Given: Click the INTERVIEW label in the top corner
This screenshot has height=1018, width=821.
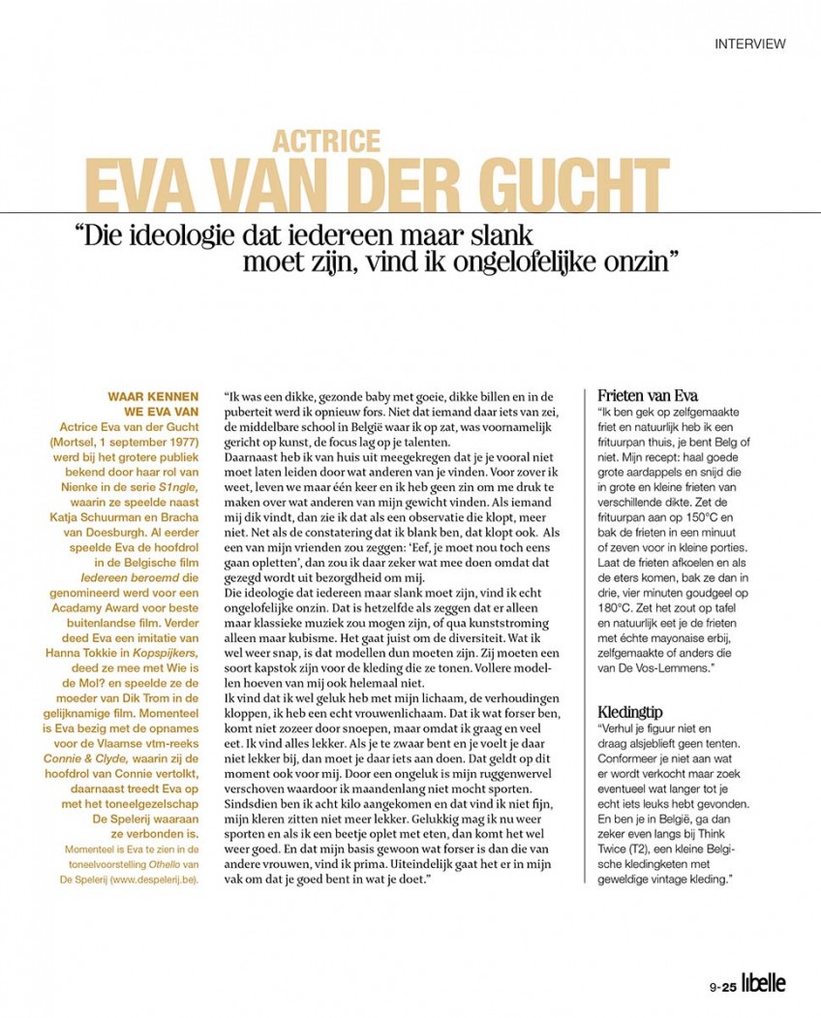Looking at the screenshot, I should (749, 44).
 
